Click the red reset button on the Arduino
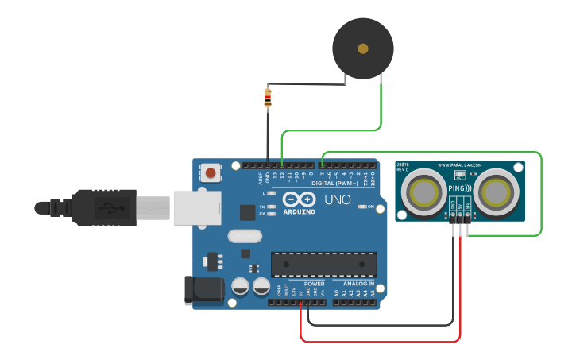click(x=211, y=172)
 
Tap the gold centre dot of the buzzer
click(x=363, y=48)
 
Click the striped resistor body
click(x=267, y=99)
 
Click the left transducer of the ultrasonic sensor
click(x=423, y=191)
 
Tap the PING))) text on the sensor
click(x=460, y=188)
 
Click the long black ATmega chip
click(x=324, y=264)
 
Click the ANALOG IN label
click(x=358, y=283)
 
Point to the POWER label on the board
click(x=315, y=283)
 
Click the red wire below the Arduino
click(x=381, y=342)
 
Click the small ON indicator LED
click(x=361, y=207)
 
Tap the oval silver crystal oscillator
click(x=244, y=235)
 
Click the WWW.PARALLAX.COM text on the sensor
click(x=460, y=166)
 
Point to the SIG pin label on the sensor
click(x=468, y=206)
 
